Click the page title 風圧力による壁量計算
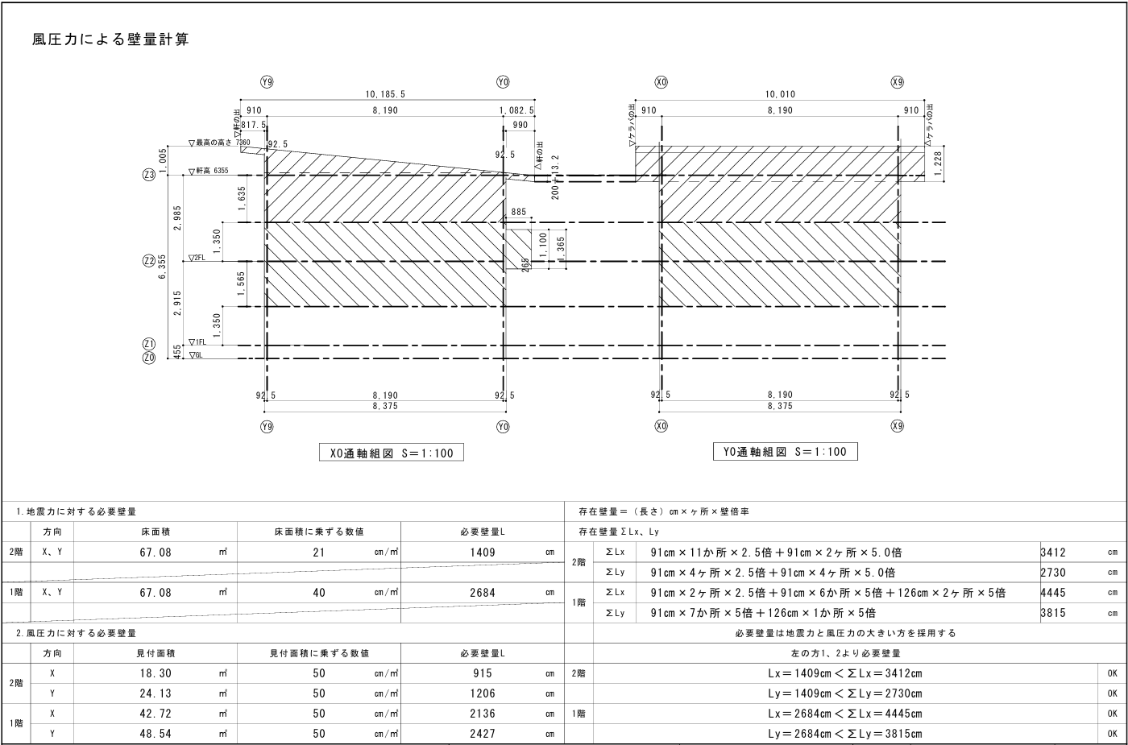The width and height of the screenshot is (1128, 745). coord(110,39)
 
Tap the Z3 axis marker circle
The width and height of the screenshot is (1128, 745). coord(148,175)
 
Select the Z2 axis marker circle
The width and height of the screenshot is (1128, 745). coord(148,261)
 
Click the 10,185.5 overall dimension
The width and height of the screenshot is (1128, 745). coord(385,94)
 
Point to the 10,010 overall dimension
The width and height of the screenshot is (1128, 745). coord(779,94)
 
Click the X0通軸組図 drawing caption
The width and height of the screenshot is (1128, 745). coord(392,453)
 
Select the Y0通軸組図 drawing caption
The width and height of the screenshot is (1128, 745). coord(786,451)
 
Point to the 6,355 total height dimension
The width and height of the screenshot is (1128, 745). coord(162,266)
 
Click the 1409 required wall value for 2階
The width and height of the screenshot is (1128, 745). coord(482,553)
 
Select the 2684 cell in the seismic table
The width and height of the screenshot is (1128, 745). coord(482,593)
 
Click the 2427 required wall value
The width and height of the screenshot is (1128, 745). coord(482,734)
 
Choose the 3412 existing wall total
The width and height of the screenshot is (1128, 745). coord(1053,553)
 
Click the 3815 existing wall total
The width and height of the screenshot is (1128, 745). coord(1053,613)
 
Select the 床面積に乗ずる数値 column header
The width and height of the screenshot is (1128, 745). coord(319,532)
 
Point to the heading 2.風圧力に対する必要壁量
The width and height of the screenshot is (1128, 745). coord(76,633)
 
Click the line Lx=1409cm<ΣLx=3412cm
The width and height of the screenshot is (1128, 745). coord(844,673)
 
